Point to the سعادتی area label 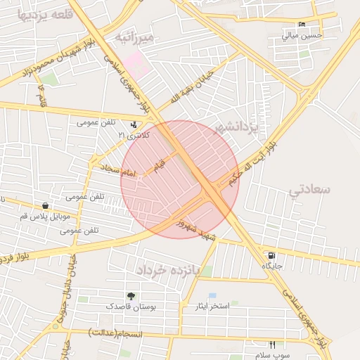point(309,188)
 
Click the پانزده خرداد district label point(169,269)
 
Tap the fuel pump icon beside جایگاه point(271,255)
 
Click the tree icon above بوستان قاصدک point(131,296)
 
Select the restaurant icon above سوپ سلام point(272,345)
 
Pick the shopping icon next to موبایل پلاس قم point(46,206)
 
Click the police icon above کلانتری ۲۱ point(134,124)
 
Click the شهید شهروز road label point(193,226)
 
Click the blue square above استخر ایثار point(212,295)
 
